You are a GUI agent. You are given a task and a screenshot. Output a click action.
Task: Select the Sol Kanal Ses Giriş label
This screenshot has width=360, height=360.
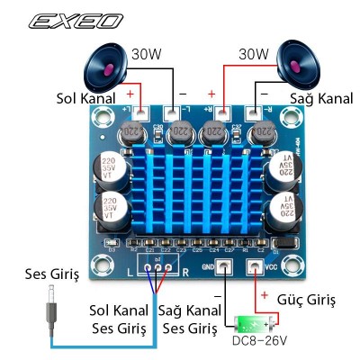tap(118, 319)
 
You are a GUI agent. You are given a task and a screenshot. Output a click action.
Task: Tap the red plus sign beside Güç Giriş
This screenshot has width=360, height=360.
tap(263, 295)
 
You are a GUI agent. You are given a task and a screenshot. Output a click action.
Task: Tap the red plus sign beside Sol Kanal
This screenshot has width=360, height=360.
tap(131, 93)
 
